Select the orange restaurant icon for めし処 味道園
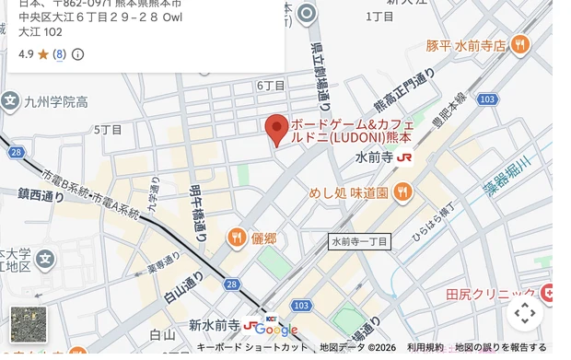coord(402,192)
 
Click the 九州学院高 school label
coord(56,101)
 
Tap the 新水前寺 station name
coord(214,325)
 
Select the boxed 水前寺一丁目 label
coord(360,241)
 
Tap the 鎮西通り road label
coord(41,195)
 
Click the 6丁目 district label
coord(271,86)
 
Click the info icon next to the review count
coord(78,54)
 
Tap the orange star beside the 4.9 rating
coord(43,54)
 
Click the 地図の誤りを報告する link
coord(501,347)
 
